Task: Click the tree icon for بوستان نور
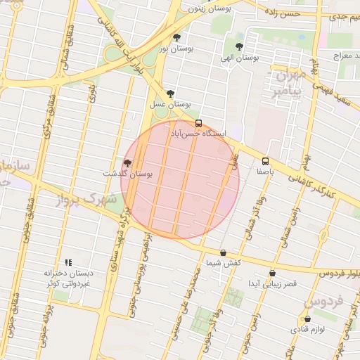[x=176, y=38]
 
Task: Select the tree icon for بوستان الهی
[x=240, y=47]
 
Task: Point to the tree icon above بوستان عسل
[x=170, y=94]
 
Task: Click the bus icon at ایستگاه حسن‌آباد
[x=198, y=122]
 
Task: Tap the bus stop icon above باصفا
[x=265, y=160]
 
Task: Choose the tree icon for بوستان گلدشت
[x=127, y=162]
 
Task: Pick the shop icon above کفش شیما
[x=224, y=252]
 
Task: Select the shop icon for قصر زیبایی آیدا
[x=272, y=274]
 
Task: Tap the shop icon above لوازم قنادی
[x=307, y=319]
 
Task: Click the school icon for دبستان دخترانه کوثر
[x=69, y=262]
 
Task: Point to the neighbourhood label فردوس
[x=324, y=302]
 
